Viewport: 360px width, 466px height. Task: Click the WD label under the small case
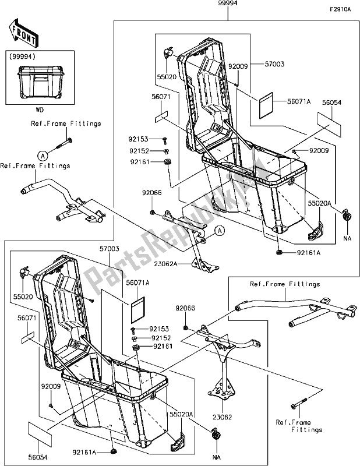40,109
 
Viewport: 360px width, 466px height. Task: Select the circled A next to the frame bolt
43,155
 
